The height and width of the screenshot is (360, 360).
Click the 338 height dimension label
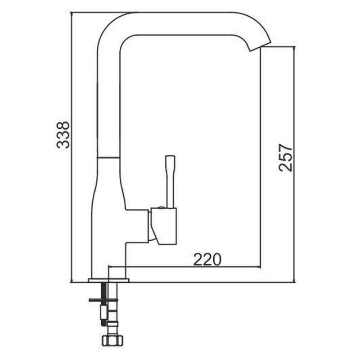click(63, 135)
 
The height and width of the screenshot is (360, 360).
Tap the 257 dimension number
click(286, 158)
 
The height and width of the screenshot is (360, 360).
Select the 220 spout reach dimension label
click(207, 259)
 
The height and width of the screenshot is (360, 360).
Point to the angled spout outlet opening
click(261, 47)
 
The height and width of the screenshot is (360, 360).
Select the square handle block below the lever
click(164, 226)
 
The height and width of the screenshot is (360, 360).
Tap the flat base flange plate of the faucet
click(108, 280)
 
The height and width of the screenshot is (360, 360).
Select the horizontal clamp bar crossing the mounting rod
click(103, 300)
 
